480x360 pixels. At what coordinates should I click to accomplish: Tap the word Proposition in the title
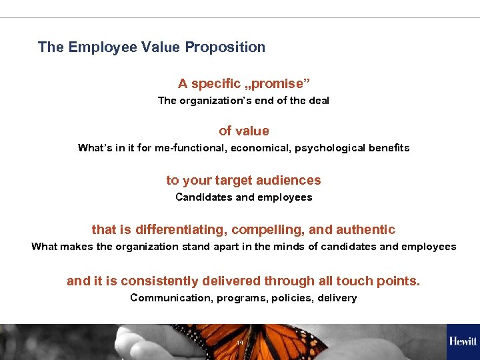point(225,47)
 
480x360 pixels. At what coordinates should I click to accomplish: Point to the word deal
point(319,101)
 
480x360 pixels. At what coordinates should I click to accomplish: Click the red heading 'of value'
point(243,131)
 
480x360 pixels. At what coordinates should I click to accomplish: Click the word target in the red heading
point(236,181)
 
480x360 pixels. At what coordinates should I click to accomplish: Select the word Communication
point(171,298)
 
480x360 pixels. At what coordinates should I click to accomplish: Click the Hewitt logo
point(463,341)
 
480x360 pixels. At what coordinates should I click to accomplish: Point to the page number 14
point(240,343)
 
